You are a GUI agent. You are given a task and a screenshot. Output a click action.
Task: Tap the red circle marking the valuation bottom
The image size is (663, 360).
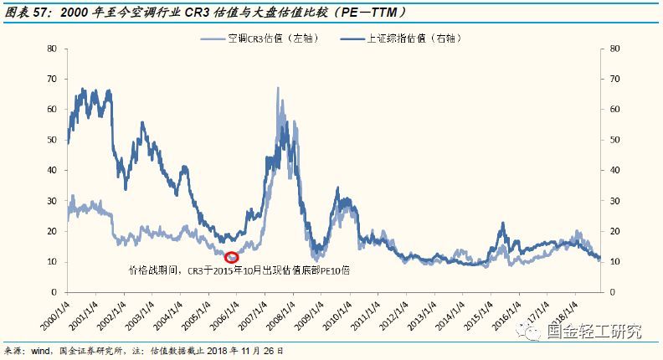[232, 257]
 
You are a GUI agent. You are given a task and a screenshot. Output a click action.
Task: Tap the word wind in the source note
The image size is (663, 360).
[41, 352]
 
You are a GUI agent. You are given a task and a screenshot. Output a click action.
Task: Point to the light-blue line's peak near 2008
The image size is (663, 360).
[278, 88]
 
